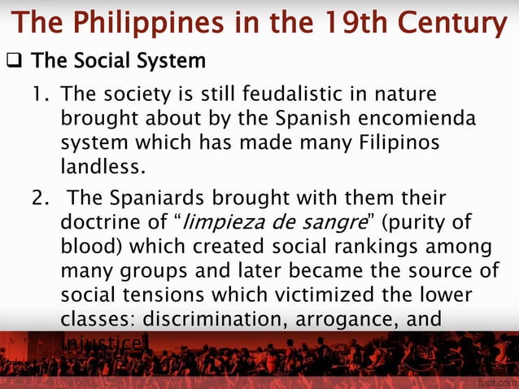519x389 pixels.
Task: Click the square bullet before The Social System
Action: coord(14,62)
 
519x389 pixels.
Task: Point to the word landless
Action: coord(102,169)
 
